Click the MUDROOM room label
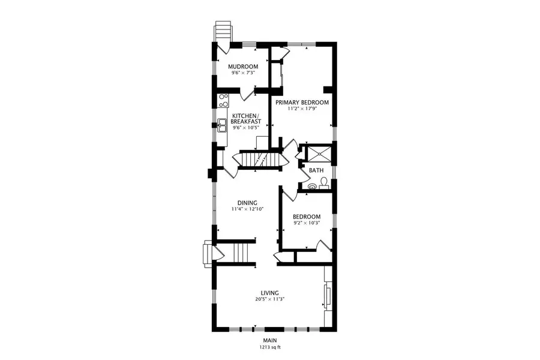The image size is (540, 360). pyautogui.click(x=244, y=66)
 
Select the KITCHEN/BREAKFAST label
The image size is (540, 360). pyautogui.click(x=245, y=119)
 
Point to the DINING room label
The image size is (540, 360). pyautogui.click(x=247, y=203)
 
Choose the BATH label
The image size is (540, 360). pyautogui.click(x=316, y=170)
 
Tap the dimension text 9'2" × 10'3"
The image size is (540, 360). pyautogui.click(x=306, y=223)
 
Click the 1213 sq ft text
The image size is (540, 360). pyautogui.click(x=269, y=347)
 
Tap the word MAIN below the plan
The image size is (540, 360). pyautogui.click(x=269, y=341)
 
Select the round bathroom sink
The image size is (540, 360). pyautogui.click(x=311, y=187)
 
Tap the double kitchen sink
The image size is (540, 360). pyautogui.click(x=222, y=125)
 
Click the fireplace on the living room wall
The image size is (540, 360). pyautogui.click(x=327, y=297)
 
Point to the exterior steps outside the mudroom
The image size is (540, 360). pyautogui.click(x=223, y=30)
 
